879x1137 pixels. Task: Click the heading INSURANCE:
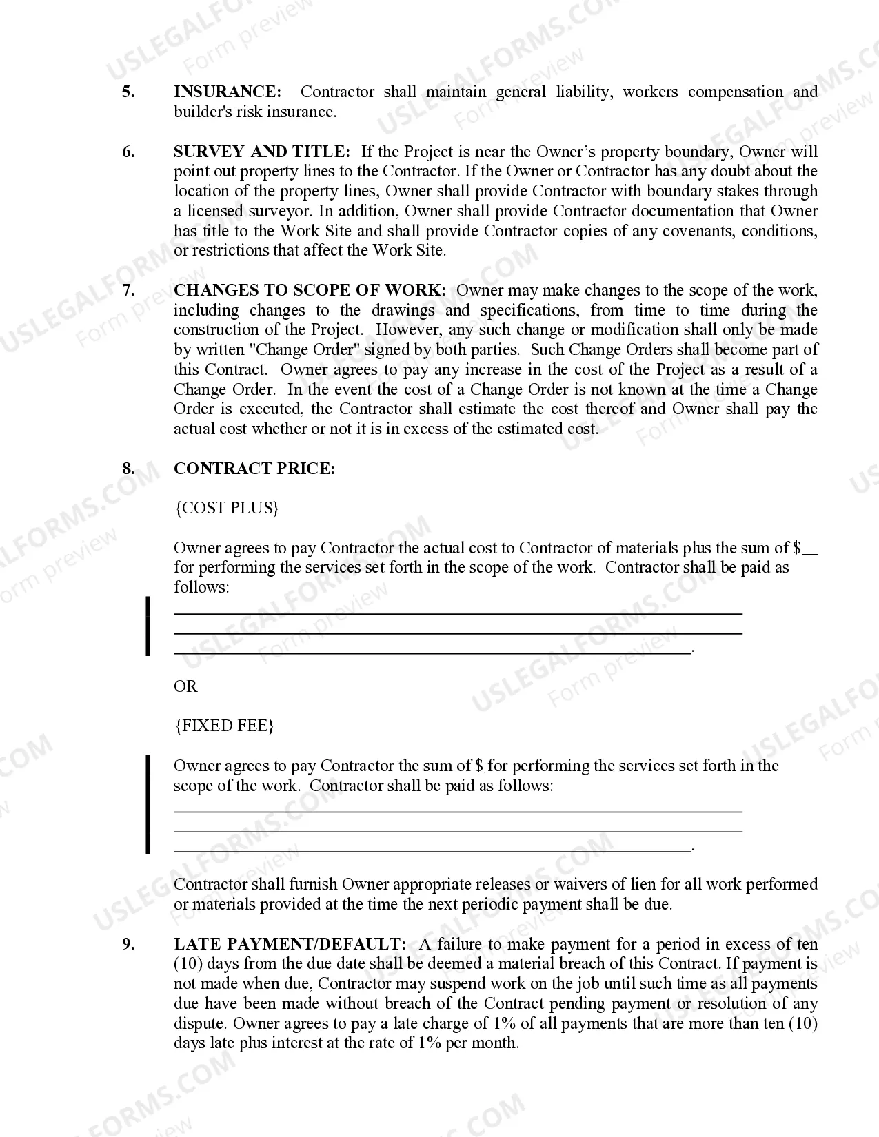click(x=228, y=92)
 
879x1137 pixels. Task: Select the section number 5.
click(x=128, y=92)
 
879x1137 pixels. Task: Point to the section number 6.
click(x=128, y=152)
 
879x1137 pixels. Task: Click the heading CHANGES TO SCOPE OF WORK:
click(x=310, y=291)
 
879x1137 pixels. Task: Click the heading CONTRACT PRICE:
click(x=254, y=469)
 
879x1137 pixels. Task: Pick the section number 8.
click(x=128, y=469)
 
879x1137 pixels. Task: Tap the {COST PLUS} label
click(x=227, y=509)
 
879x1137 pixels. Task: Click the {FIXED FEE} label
click(x=225, y=726)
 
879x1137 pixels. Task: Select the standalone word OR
click(x=185, y=686)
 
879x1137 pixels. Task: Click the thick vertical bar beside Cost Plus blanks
click(x=148, y=626)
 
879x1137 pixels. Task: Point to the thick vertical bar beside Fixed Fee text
click(x=148, y=804)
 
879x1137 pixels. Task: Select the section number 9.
click(x=128, y=945)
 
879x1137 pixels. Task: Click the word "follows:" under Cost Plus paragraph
click(x=201, y=588)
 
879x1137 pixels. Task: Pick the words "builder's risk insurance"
click(x=254, y=112)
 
